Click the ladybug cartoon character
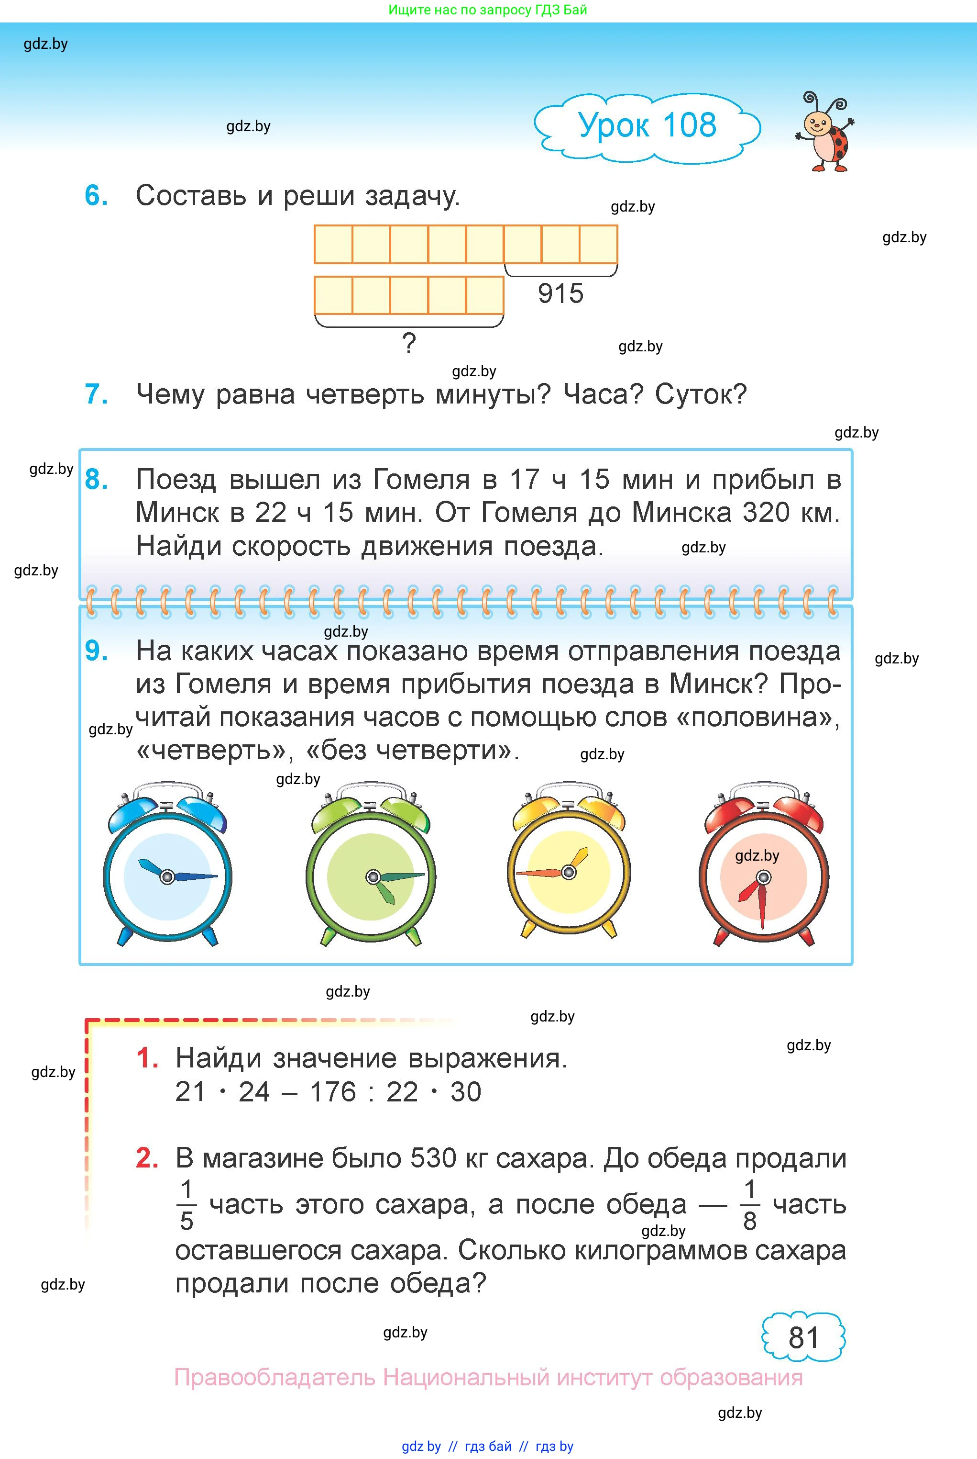click(x=825, y=132)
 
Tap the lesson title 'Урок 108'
click(x=648, y=125)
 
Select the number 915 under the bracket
click(x=561, y=293)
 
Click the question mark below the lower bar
click(x=409, y=343)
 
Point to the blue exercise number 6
click(x=96, y=196)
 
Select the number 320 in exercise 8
click(x=766, y=513)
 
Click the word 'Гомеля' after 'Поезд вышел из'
click(x=421, y=481)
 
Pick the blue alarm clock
click(x=167, y=864)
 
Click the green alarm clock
click(x=372, y=864)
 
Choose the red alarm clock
click(x=764, y=864)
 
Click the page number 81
click(x=804, y=1337)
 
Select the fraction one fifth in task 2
click(x=187, y=1205)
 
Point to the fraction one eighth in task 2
click(x=750, y=1205)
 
